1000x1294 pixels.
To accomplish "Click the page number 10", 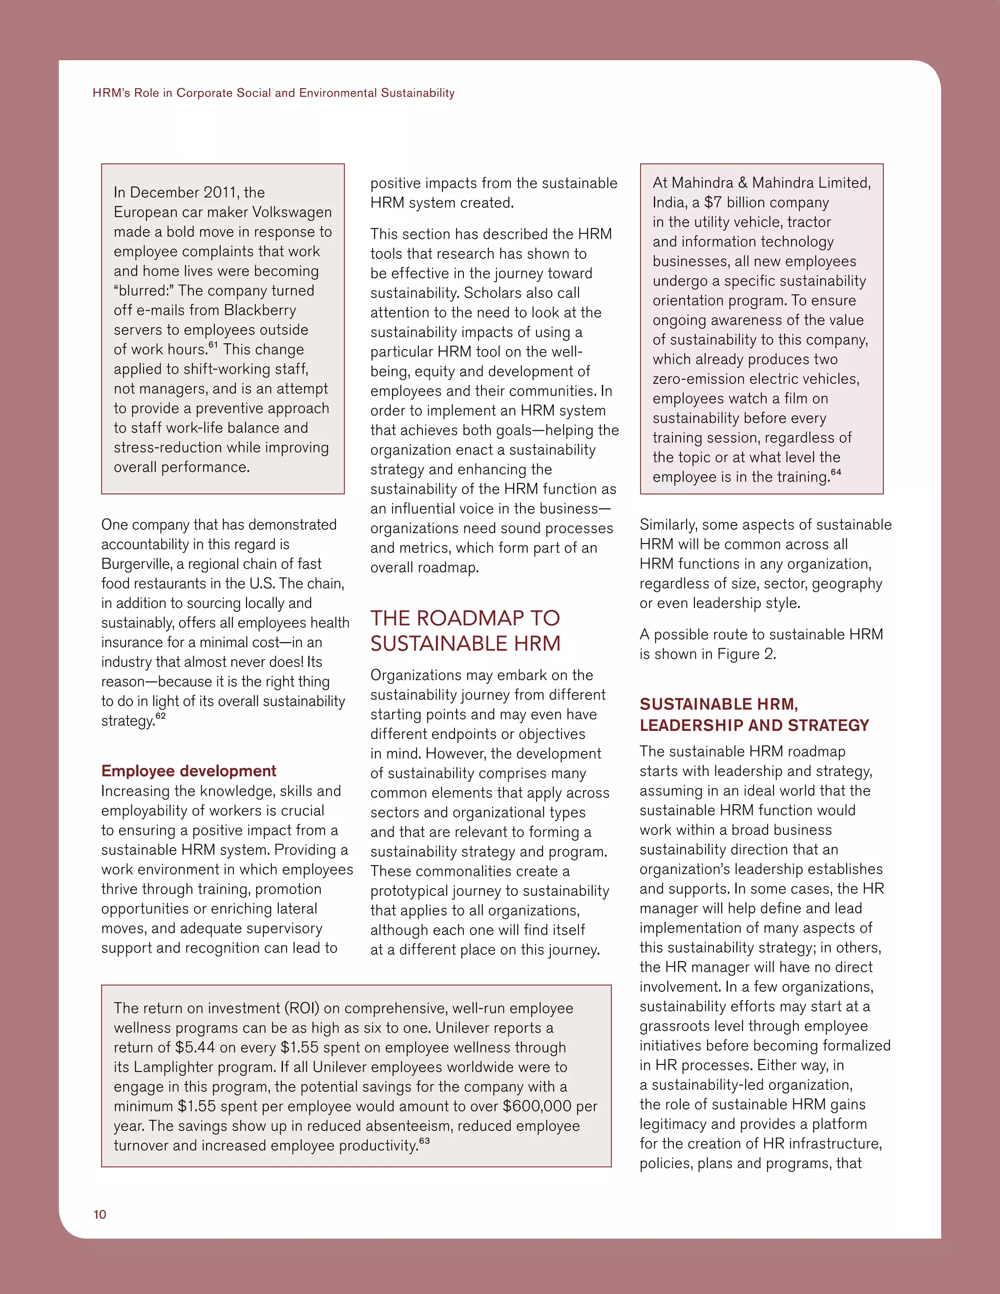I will (100, 1214).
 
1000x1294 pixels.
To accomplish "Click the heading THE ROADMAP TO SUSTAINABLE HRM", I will (465, 630).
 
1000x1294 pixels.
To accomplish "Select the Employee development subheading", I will (188, 771).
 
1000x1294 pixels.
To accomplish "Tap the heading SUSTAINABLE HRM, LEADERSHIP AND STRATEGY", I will (753, 714).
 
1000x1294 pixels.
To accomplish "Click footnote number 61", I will (213, 345).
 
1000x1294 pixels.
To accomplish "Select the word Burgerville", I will (136, 564).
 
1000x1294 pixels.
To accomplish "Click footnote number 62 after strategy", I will (161, 716).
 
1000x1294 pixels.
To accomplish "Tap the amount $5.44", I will (195, 1047).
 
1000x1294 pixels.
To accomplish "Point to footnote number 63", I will (424, 1141).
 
